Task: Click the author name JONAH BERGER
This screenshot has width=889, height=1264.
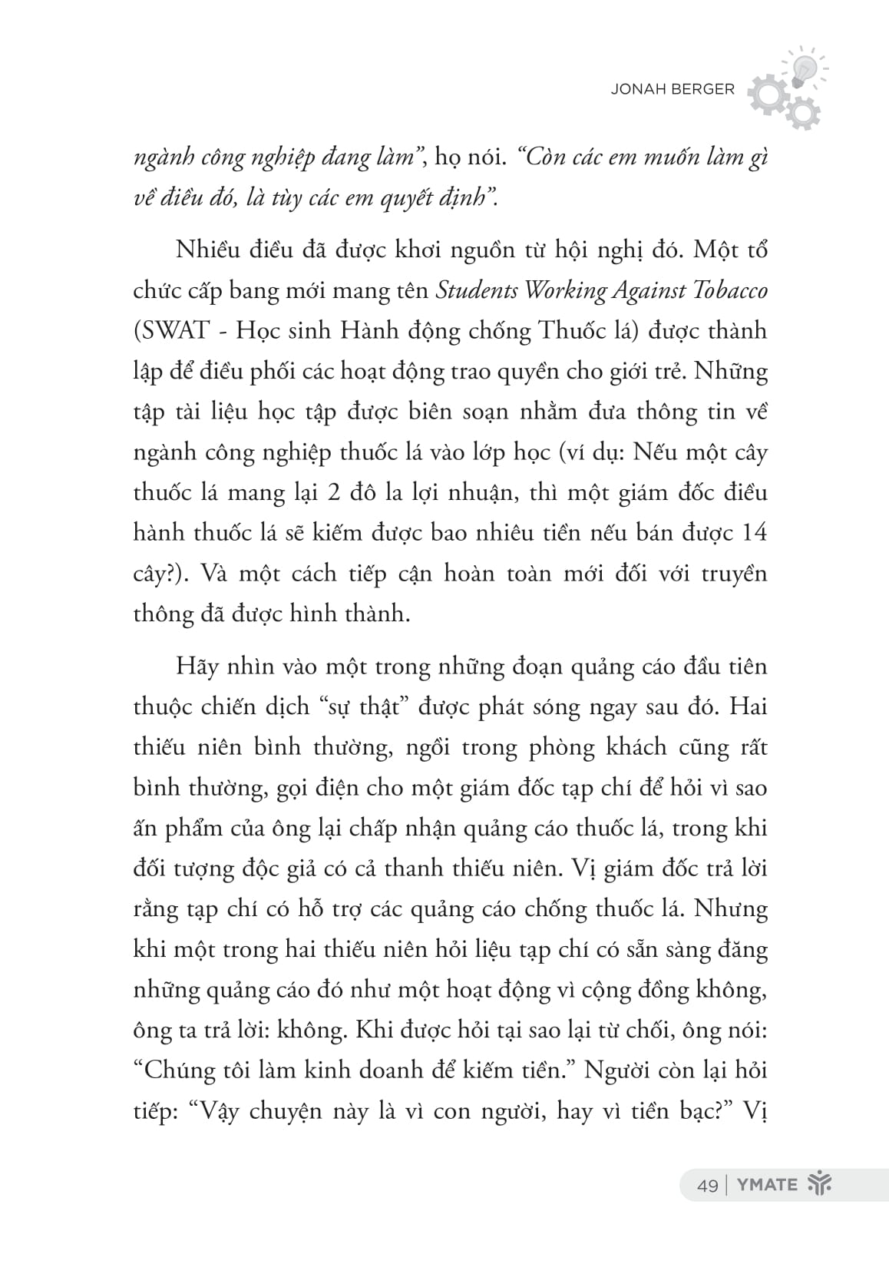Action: pos(672,89)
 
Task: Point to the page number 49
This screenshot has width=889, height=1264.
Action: pos(708,1185)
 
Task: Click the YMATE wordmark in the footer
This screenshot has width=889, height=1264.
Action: pos(767,1185)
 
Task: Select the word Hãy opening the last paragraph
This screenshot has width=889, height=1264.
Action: pos(197,666)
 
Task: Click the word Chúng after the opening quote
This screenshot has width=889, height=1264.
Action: pos(184,1070)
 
